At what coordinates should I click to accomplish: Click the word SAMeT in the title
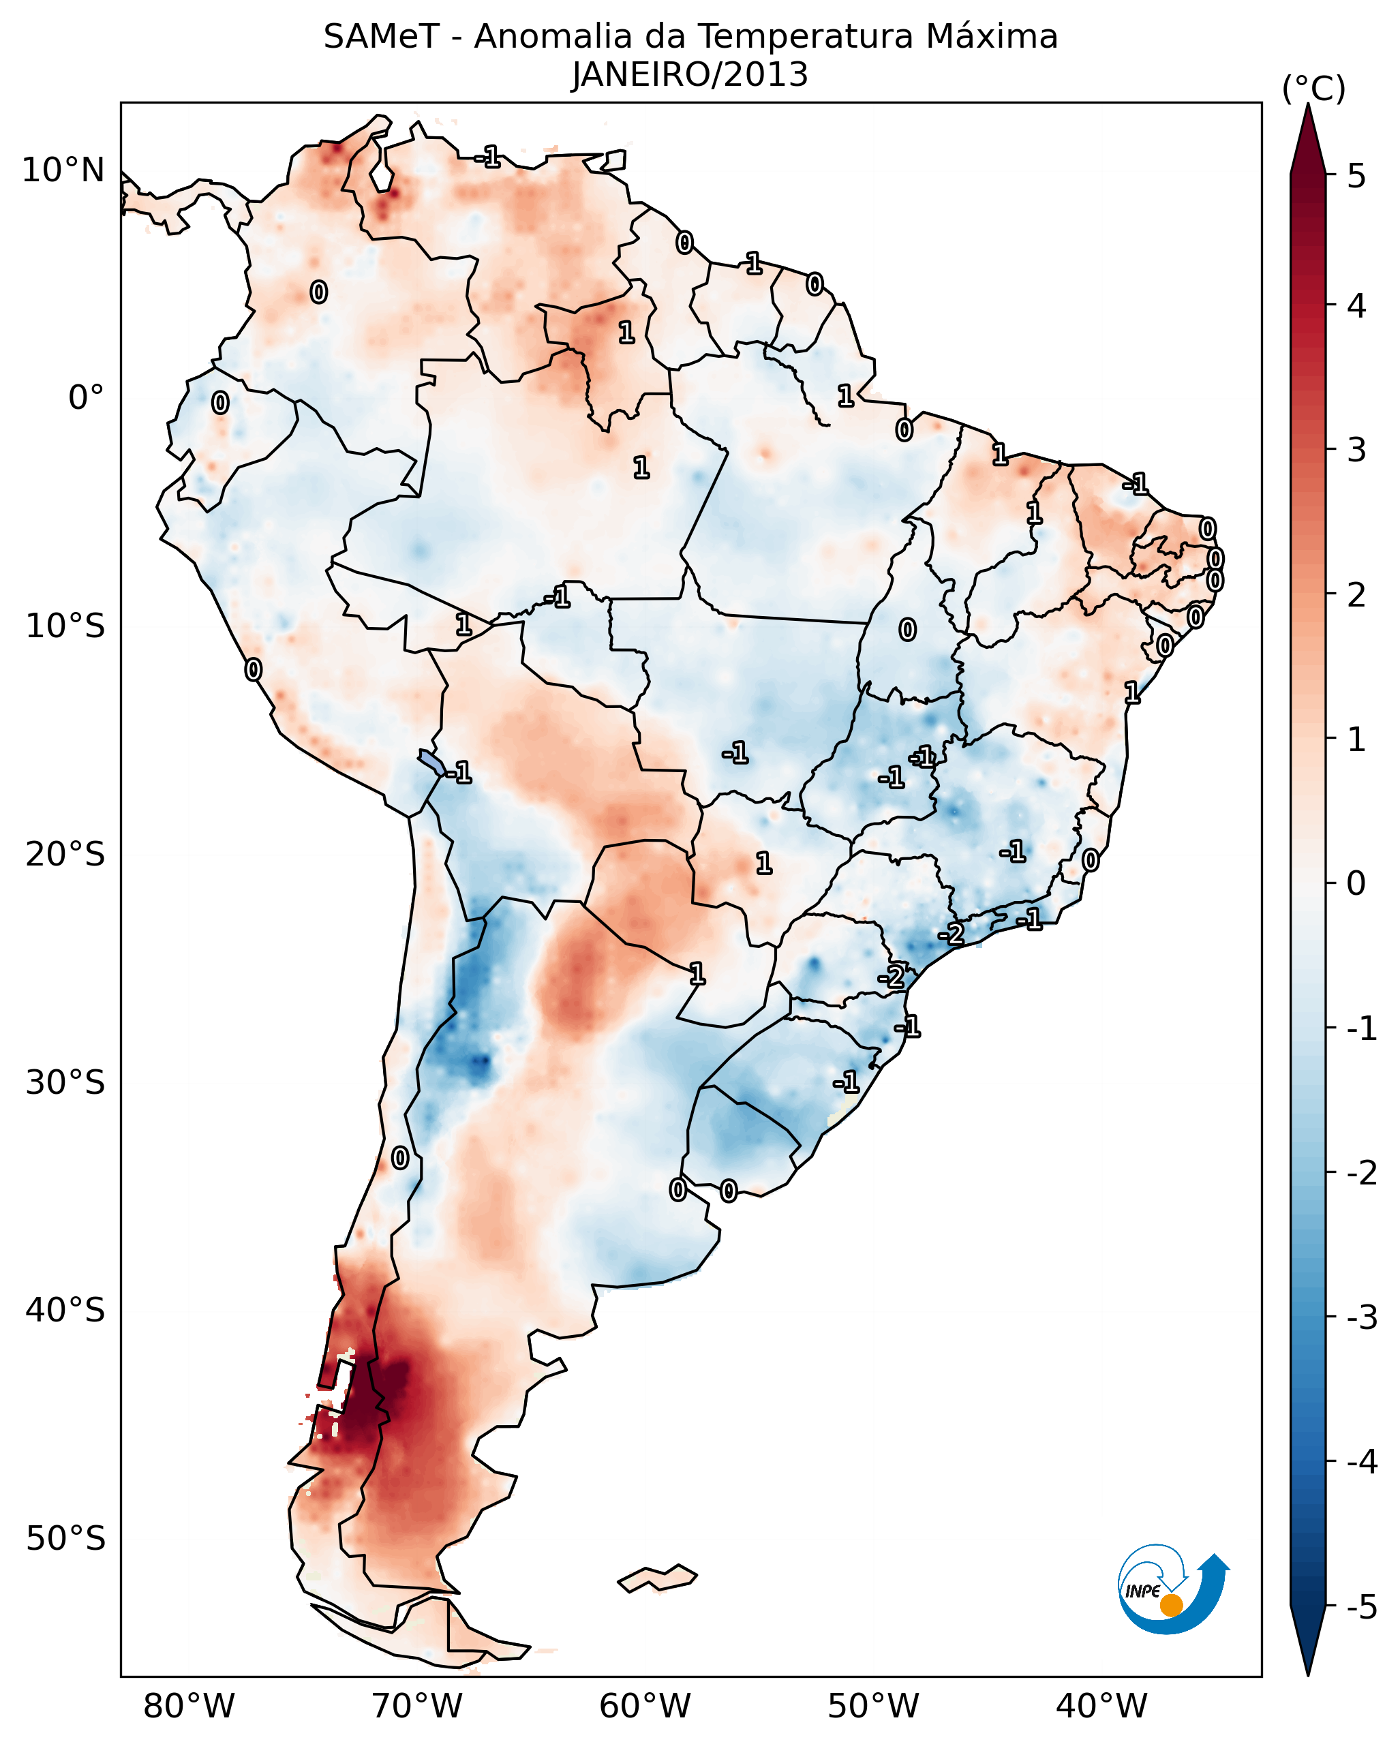pos(381,37)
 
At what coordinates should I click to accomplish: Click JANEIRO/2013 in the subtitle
pos(690,75)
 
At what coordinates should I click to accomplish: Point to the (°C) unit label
pos(1313,89)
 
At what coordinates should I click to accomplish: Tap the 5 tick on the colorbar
pos(1356,176)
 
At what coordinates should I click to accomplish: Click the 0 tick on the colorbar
pos(1356,883)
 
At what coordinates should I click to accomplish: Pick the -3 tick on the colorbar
pos(1361,1317)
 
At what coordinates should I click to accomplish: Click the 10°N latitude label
pos(63,170)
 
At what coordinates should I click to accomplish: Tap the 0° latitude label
pos(86,398)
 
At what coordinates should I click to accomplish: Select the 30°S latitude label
pos(65,1082)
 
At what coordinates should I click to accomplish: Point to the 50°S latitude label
pos(65,1539)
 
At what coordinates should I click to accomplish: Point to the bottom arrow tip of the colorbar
pos(1308,1671)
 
